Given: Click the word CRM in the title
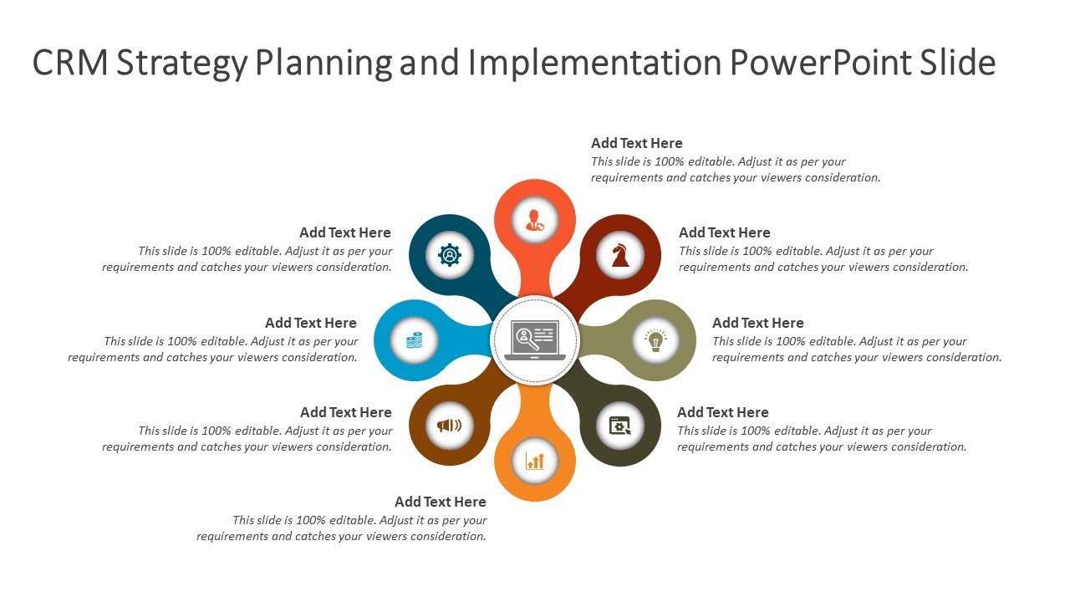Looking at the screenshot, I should coord(70,64).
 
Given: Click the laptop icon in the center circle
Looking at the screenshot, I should coord(535,340).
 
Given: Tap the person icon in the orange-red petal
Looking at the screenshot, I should coord(535,220).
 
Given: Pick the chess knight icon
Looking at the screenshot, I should coord(620,255).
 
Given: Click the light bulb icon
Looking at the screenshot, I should coord(655,340).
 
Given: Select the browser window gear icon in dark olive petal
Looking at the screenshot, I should coord(620,426).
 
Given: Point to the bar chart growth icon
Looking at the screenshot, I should coord(535,461).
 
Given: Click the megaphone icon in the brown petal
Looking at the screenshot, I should coord(450,426).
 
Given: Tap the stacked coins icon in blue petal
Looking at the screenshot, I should coord(415,340).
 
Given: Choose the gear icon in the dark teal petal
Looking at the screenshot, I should coord(450,255).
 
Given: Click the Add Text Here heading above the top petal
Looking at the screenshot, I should coord(637,143).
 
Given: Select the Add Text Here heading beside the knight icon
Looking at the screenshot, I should coord(725,232).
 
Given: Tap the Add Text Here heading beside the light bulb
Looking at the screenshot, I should coord(758,323).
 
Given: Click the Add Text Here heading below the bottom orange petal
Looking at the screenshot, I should coord(441,502).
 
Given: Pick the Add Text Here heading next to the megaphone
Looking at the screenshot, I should coord(346,412).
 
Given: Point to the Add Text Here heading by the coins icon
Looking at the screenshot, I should coord(311,323).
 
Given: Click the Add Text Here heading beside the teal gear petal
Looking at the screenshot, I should coord(345,232).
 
